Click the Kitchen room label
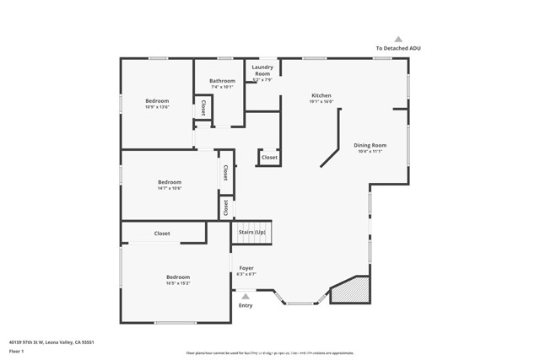tap(321, 95)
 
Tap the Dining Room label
tap(370, 145)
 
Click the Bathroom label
tap(223, 81)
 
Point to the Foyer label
tap(246, 268)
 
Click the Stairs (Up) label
tap(252, 232)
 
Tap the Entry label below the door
tap(246, 305)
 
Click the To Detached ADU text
tap(398, 48)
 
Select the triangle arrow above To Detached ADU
tap(398, 39)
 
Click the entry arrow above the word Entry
tap(246, 296)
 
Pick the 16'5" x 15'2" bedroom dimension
tap(178, 283)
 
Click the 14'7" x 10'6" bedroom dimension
tap(170, 188)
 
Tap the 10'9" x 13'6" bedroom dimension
tap(157, 107)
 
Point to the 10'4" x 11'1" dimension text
tap(370, 152)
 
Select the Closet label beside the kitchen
tap(269, 158)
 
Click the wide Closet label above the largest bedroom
tap(162, 234)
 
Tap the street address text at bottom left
tap(51, 343)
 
